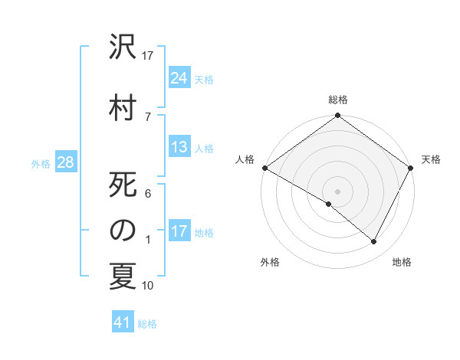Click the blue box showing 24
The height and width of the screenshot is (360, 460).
click(179, 78)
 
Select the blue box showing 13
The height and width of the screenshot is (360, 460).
click(179, 147)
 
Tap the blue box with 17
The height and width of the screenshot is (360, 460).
click(179, 231)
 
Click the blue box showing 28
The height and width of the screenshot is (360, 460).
click(65, 162)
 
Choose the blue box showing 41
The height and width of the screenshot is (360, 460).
click(123, 322)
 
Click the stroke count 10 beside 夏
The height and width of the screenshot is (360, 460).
click(148, 286)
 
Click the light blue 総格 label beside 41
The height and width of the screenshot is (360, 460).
click(147, 324)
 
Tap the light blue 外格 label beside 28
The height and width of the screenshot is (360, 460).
click(41, 163)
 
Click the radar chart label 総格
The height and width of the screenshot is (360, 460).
click(338, 100)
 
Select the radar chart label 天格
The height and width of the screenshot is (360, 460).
click(431, 159)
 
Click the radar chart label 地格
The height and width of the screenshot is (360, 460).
click(402, 262)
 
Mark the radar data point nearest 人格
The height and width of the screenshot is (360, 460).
click(264, 168)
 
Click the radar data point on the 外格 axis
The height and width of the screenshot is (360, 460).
click(329, 204)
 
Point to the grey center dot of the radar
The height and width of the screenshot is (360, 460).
click(338, 191)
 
